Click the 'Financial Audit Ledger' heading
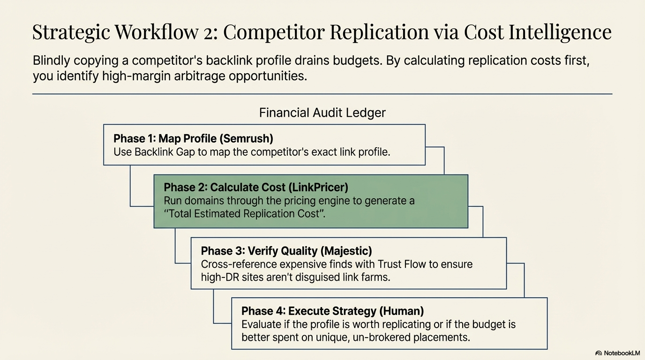pyautogui.click(x=322, y=113)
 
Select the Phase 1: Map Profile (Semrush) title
pyautogui.click(x=193, y=138)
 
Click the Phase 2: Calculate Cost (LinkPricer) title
pyautogui.click(x=256, y=187)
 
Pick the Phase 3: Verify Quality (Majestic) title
pyautogui.click(x=286, y=251)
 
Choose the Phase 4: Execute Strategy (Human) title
pyautogui.click(x=332, y=311)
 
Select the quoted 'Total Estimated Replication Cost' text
pyautogui.click(x=244, y=214)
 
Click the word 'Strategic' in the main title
pyautogui.click(x=70, y=32)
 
